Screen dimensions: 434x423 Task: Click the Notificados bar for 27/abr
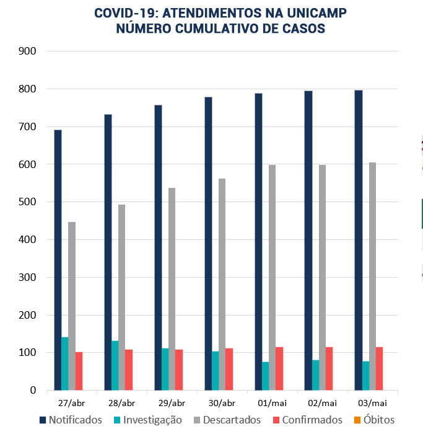[58, 260]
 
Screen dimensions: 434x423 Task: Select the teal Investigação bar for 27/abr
[65, 364]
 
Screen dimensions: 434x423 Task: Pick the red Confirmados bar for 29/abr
[179, 370]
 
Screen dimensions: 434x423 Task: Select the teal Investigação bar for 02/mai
[315, 375]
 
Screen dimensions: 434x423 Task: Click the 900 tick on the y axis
[28, 51]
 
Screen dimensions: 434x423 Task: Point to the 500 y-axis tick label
[28, 202]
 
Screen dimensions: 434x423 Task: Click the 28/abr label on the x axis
[122, 403]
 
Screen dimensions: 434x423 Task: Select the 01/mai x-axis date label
[273, 403]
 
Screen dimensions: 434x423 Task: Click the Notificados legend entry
[69, 420]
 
